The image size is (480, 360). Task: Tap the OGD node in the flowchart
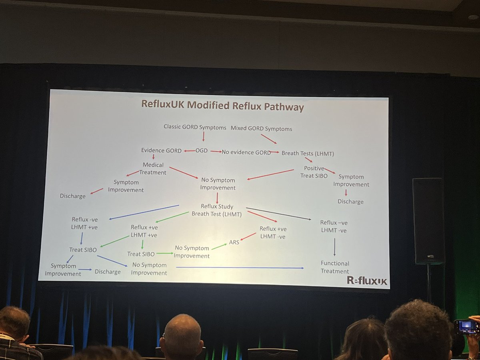[201, 151]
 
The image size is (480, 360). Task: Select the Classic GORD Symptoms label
[196, 127]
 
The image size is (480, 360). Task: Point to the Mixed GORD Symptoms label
[261, 129]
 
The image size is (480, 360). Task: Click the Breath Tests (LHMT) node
[308, 153]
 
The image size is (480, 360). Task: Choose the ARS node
[234, 242]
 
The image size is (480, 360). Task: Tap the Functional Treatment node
[335, 267]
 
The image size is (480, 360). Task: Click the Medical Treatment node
[152, 168]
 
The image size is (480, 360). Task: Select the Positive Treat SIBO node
[314, 172]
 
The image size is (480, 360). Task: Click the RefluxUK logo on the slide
[367, 281]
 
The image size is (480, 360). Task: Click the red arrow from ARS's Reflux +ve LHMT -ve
[248, 236]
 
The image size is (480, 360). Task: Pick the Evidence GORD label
[158, 150]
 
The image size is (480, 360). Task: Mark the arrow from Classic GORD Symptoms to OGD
[203, 136]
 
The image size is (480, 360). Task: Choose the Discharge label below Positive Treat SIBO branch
[350, 202]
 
